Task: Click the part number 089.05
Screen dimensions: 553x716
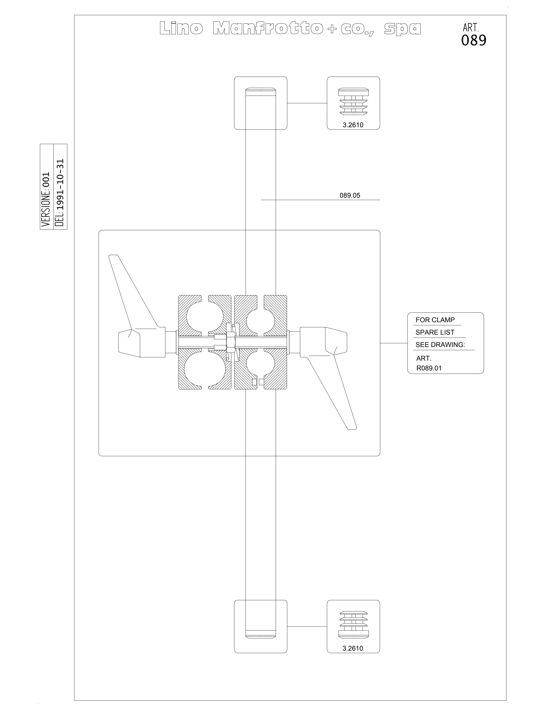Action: pyautogui.click(x=350, y=195)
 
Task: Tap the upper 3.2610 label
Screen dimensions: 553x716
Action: pyautogui.click(x=353, y=125)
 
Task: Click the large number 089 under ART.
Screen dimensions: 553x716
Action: pyautogui.click(x=474, y=40)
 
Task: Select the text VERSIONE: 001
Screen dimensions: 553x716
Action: pyautogui.click(x=46, y=199)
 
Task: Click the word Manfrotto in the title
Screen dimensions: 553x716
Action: pyautogui.click(x=268, y=29)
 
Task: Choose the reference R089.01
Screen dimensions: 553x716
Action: pyautogui.click(x=429, y=368)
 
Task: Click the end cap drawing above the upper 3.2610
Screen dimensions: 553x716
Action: pyautogui.click(x=353, y=101)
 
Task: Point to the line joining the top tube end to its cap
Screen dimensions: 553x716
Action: pyautogui.click(x=307, y=103)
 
